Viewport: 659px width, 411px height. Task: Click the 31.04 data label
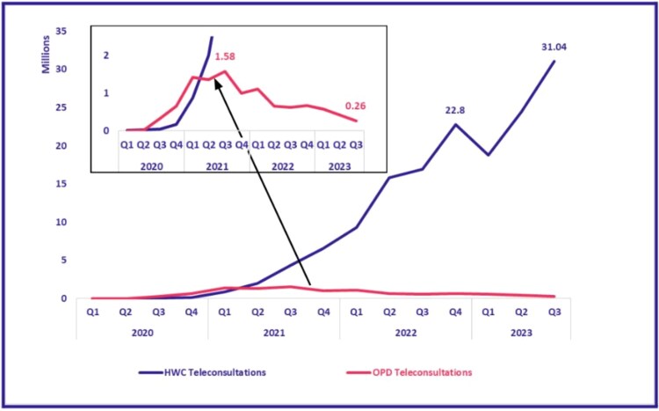point(553,47)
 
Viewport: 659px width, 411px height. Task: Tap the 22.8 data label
point(454,111)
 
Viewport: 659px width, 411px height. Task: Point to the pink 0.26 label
point(355,106)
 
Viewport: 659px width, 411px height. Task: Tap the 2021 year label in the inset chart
point(217,163)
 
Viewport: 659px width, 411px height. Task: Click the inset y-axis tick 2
point(105,55)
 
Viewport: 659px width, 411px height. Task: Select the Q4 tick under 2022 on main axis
point(454,311)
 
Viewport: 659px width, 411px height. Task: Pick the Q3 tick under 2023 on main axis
point(554,311)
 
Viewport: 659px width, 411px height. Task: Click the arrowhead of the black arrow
point(214,82)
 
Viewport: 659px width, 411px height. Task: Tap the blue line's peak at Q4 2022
point(455,124)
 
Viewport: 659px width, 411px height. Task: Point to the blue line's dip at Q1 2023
point(488,155)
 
